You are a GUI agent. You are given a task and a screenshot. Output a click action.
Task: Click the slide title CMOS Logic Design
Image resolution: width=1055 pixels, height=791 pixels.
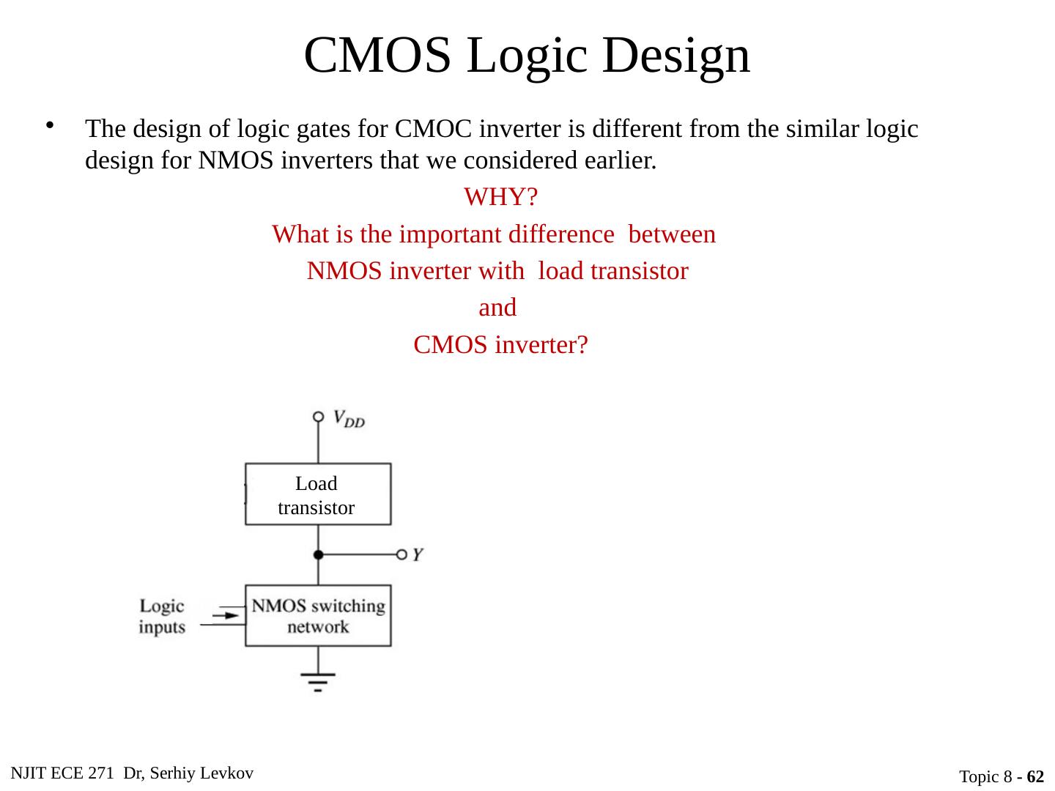527,55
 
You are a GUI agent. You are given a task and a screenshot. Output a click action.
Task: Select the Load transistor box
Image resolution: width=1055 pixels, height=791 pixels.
317,494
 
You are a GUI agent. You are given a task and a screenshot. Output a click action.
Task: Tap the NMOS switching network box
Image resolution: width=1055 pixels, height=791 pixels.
317,616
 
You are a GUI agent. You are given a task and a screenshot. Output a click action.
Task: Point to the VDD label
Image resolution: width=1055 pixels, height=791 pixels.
349,418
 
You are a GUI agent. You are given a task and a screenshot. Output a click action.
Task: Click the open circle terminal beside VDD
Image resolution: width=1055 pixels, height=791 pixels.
318,417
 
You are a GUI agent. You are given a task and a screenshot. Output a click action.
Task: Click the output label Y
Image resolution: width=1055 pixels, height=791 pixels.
416,554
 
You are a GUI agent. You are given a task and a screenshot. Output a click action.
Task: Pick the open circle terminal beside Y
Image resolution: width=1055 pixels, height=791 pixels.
401,554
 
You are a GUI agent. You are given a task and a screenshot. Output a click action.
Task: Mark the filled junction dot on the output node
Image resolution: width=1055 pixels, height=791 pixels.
318,554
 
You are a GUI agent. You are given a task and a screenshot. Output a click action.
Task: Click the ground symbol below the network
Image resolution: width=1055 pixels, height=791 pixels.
318,681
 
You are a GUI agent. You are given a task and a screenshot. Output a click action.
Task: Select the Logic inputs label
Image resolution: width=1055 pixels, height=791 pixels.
162,616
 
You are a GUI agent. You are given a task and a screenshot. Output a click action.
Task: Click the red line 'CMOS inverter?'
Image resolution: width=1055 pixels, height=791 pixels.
500,344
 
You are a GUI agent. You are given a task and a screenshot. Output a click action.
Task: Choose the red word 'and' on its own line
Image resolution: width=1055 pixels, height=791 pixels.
497,308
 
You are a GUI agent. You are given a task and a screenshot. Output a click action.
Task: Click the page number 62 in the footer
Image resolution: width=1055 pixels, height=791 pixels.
1035,776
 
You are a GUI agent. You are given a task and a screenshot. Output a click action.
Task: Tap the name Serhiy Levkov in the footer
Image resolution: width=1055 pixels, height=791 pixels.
207,773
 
